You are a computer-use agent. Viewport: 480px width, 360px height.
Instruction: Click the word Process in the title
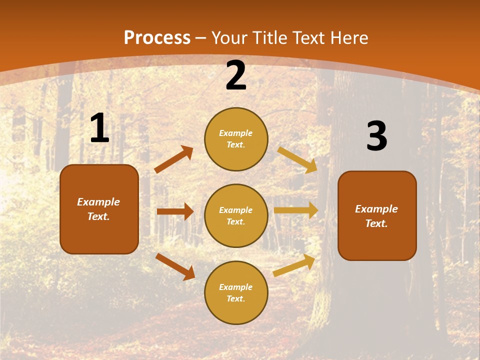click(157, 38)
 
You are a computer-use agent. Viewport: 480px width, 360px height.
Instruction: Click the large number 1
click(99, 128)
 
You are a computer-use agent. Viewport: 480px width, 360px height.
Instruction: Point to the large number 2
click(236, 76)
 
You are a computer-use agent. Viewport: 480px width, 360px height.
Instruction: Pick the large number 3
click(376, 136)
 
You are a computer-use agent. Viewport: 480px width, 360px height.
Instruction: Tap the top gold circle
click(236, 139)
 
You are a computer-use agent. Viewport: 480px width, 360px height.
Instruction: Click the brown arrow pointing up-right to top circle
click(174, 159)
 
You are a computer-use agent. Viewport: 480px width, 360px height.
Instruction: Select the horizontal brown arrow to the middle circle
click(175, 211)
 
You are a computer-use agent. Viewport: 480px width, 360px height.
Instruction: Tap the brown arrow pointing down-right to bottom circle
click(175, 266)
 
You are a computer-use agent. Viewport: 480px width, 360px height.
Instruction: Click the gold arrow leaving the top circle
click(297, 160)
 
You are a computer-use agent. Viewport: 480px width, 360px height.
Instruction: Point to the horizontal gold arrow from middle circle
click(295, 210)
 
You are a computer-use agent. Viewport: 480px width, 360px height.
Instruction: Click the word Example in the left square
click(98, 202)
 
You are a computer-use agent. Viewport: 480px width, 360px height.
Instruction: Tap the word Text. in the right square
click(376, 223)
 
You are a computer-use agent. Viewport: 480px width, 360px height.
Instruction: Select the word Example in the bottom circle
click(236, 287)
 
